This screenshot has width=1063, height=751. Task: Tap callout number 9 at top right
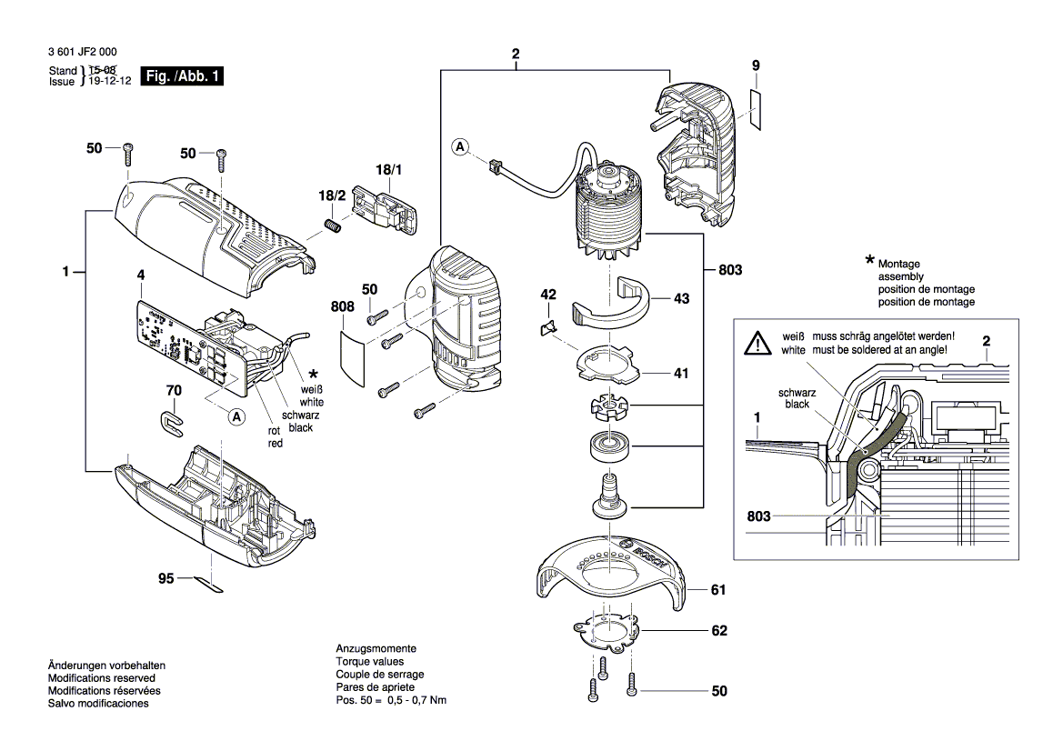pos(755,65)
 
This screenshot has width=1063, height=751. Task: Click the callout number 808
pos(342,307)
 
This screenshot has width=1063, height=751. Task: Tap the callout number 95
pos(165,577)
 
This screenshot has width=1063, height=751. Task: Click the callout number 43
pos(681,297)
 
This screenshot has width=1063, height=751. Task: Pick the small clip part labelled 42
pos(549,327)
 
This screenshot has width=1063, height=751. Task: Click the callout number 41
pos(681,373)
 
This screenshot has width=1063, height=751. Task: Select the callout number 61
pos(718,591)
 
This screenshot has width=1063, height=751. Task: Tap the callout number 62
pos(718,630)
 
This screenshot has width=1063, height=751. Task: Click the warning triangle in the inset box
pos(757,343)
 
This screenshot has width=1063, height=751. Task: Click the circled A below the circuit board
pos(236,416)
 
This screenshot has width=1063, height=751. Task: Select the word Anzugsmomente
pos(376,649)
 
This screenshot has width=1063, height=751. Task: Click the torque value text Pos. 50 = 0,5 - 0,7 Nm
pos(391,700)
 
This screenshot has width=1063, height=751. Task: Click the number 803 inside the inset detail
pos(758,516)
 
